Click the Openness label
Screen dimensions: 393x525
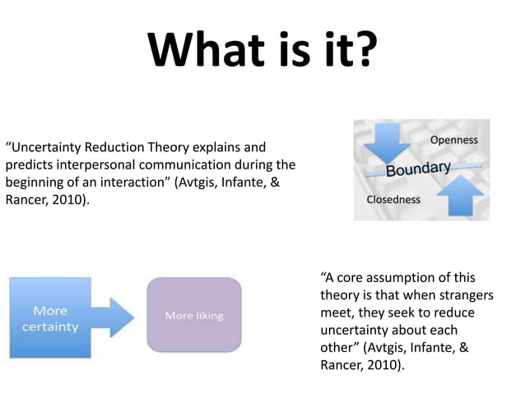click(x=453, y=140)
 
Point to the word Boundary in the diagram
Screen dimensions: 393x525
click(x=419, y=169)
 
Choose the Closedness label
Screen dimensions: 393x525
click(x=393, y=200)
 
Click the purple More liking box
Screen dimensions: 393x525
click(x=193, y=316)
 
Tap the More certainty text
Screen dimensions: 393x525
click(x=50, y=319)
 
